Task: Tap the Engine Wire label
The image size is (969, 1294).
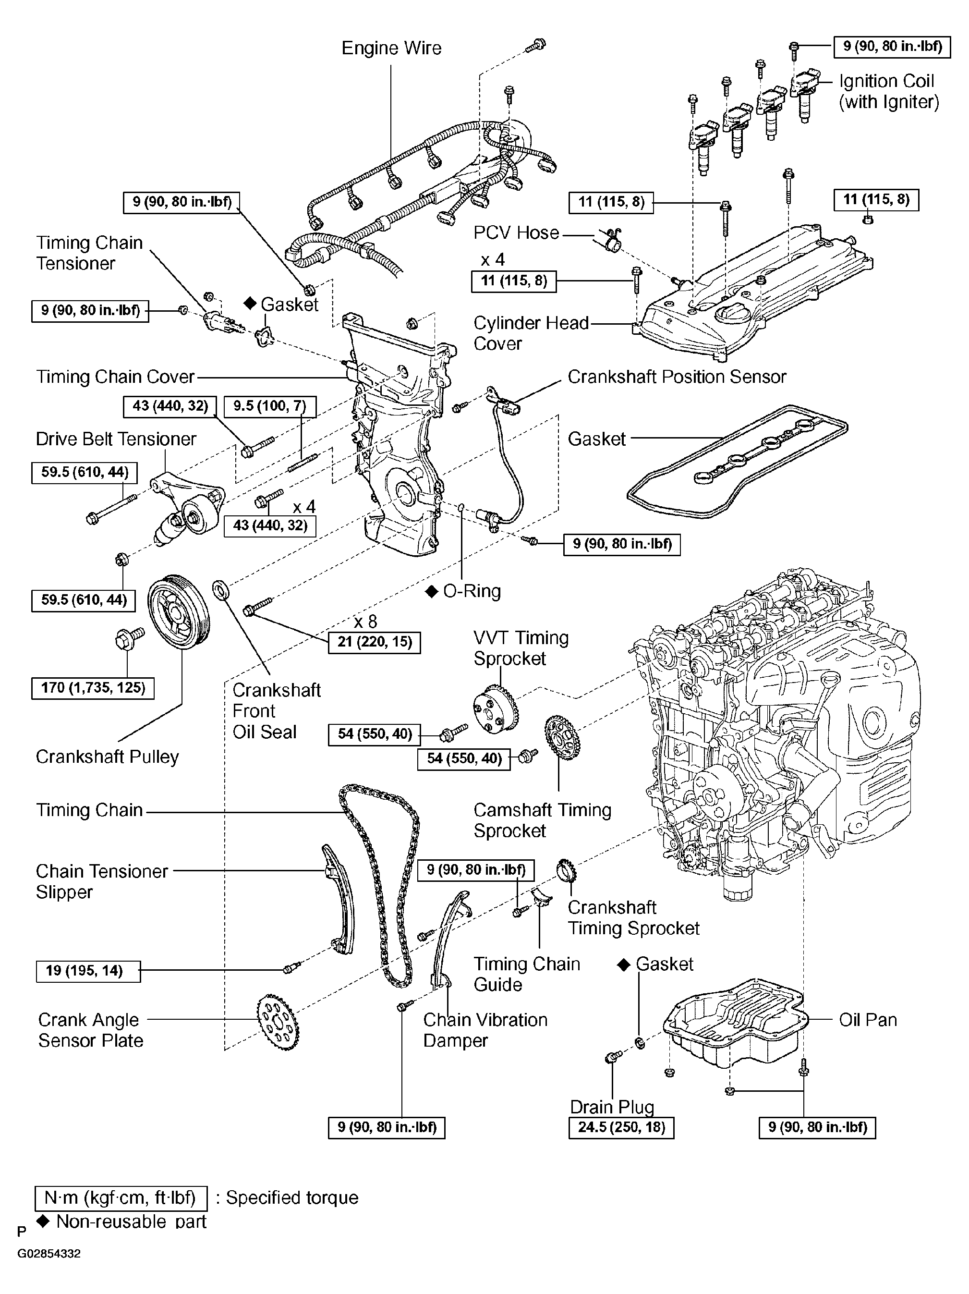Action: pos(391,48)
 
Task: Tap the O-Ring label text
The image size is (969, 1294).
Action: pos(472,591)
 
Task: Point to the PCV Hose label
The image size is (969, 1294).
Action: pos(516,233)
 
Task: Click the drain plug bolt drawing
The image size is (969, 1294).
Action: pos(613,1057)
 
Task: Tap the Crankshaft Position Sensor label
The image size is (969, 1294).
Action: pos(677,377)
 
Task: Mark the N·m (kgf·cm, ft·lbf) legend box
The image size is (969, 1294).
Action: pos(121,1197)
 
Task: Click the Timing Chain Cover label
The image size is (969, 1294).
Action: pos(115,377)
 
